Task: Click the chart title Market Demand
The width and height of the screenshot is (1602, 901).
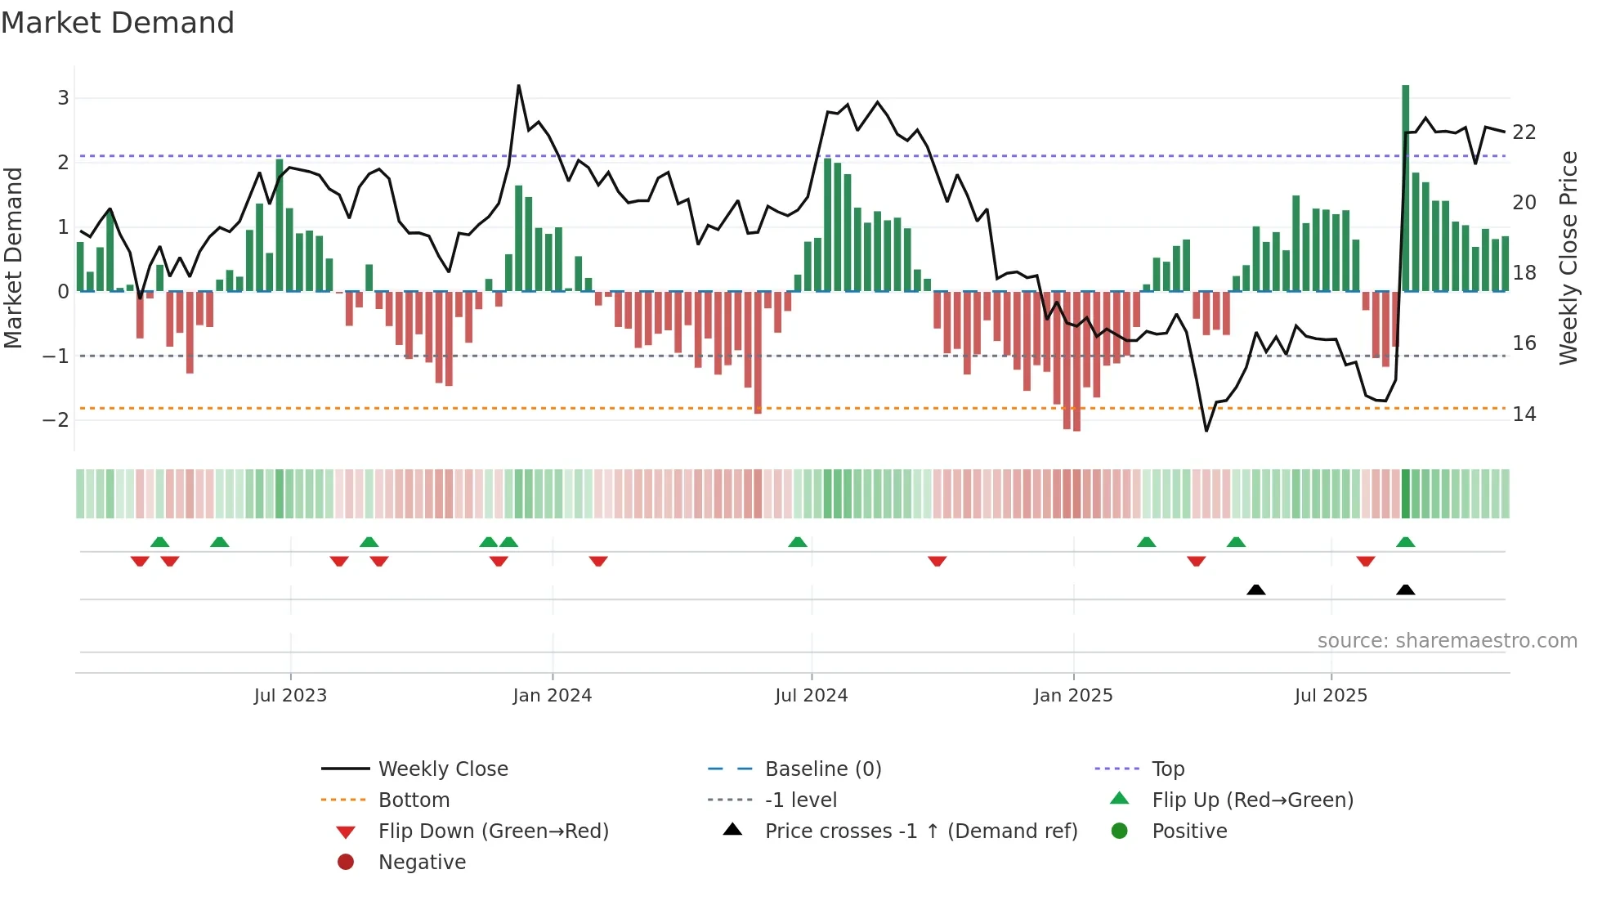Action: click(x=118, y=23)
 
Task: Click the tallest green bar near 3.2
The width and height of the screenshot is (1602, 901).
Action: click(x=1405, y=188)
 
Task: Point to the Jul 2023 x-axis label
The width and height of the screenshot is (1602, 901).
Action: click(x=290, y=696)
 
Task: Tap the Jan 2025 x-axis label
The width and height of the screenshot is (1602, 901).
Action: click(x=1072, y=696)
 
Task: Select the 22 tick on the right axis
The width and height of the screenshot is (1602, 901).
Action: click(x=1524, y=132)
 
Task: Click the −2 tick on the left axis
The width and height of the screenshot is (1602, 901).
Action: click(x=56, y=420)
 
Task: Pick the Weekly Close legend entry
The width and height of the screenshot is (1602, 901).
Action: click(x=442, y=769)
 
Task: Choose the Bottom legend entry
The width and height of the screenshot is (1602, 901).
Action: click(x=414, y=800)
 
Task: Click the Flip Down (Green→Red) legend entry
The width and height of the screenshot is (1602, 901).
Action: click(x=493, y=832)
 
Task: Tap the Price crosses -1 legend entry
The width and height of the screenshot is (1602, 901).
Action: click(x=920, y=832)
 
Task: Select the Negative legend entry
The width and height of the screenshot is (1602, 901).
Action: click(x=422, y=863)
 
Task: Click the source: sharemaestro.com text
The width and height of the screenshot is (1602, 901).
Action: click(x=1447, y=641)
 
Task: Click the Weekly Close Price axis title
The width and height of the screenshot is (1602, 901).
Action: click(x=1568, y=258)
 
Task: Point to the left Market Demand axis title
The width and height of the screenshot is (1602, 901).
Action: click(x=14, y=258)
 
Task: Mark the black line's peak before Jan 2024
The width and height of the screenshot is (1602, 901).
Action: click(x=518, y=86)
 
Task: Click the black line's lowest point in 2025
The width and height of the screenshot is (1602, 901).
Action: click(x=1206, y=430)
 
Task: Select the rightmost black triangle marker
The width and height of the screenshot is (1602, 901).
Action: click(x=1405, y=590)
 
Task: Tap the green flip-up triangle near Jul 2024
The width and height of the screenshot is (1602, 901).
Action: click(x=798, y=542)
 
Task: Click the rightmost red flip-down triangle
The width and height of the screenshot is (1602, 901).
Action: click(x=1365, y=561)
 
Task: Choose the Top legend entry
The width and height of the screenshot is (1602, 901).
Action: click(x=1168, y=769)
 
